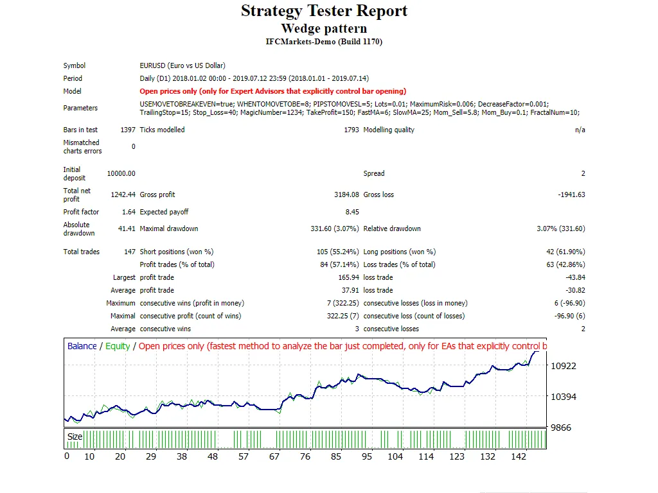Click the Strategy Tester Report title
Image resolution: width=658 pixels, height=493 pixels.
pos(324,11)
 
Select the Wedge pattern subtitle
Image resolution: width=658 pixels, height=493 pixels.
pos(324,28)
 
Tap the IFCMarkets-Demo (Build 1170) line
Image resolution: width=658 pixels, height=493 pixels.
pos(324,42)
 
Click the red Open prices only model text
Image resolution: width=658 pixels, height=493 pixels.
pos(272,91)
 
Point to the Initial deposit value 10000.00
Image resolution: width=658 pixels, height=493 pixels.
pos(121,173)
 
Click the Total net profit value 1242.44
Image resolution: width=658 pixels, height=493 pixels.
pos(122,195)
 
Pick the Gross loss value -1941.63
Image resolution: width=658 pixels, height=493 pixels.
pos(571,195)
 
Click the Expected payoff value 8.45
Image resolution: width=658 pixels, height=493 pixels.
pos(352,212)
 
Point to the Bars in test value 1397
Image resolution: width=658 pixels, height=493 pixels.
pos(128,130)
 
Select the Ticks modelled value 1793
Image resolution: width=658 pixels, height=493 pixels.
pos(351,130)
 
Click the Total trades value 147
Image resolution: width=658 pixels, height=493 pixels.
pos(129,252)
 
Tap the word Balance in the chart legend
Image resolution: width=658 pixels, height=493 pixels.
pos(82,346)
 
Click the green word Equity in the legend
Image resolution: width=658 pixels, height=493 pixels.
pos(118,346)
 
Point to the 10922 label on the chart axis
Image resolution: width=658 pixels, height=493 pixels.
pos(564,366)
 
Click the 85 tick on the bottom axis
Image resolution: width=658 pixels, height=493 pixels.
pos(336,456)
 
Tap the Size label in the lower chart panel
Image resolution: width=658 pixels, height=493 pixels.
pos(75,437)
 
